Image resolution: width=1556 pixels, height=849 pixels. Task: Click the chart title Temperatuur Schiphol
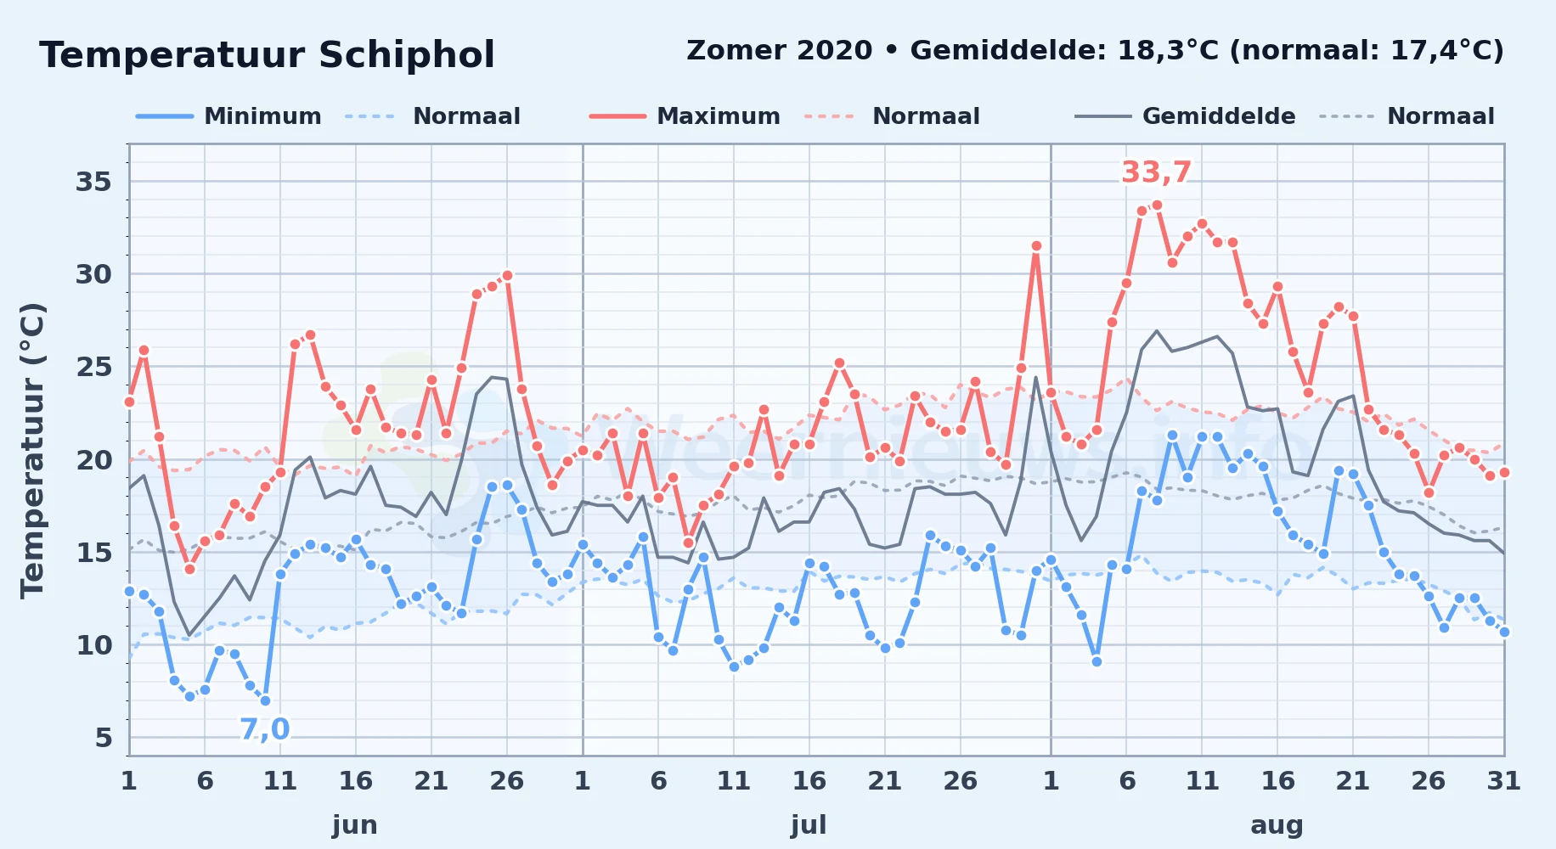click(267, 55)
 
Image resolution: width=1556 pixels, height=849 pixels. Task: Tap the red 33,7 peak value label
click(1156, 172)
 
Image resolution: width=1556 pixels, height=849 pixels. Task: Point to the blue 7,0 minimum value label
click(264, 728)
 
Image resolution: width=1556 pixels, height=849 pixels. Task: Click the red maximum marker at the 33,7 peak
click(1157, 205)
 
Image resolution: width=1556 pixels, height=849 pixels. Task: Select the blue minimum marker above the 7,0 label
click(265, 700)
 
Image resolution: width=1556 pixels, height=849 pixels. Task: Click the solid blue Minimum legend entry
click(228, 116)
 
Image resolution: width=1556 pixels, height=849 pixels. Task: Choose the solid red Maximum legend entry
click(685, 116)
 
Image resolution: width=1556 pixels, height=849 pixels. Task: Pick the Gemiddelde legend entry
click(1186, 116)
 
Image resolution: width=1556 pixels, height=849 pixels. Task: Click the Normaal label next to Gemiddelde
click(1440, 116)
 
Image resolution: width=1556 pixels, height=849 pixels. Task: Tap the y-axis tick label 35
click(93, 182)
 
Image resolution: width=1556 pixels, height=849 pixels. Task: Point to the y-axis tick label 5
click(104, 737)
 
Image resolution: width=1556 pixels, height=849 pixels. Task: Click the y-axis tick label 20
click(93, 459)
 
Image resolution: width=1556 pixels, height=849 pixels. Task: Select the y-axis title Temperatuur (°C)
click(32, 450)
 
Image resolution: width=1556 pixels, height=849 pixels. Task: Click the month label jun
click(355, 824)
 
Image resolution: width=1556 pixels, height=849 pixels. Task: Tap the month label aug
click(1277, 824)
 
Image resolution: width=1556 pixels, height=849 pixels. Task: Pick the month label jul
click(809, 824)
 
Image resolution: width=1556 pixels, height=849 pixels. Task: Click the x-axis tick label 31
click(1503, 780)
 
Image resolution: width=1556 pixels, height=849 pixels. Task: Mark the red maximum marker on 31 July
click(1035, 246)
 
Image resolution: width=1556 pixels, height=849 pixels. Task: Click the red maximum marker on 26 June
click(507, 275)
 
